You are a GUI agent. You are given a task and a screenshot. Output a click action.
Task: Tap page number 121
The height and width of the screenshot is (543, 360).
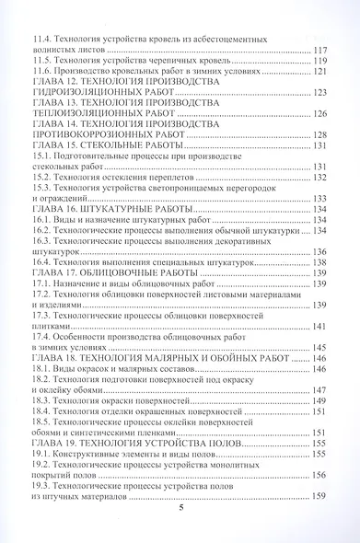(x=322, y=71)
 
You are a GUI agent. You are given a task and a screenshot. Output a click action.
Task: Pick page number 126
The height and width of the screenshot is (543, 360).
(x=322, y=113)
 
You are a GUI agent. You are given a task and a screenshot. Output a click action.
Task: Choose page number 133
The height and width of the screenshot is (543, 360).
(x=322, y=198)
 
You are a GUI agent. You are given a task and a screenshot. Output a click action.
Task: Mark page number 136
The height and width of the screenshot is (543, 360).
(x=322, y=251)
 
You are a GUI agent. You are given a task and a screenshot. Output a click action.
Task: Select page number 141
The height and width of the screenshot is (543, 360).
(x=322, y=327)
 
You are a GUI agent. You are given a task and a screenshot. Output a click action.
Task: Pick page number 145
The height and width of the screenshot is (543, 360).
(x=322, y=348)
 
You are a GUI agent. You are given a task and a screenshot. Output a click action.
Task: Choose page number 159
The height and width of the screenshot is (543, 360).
(x=322, y=497)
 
